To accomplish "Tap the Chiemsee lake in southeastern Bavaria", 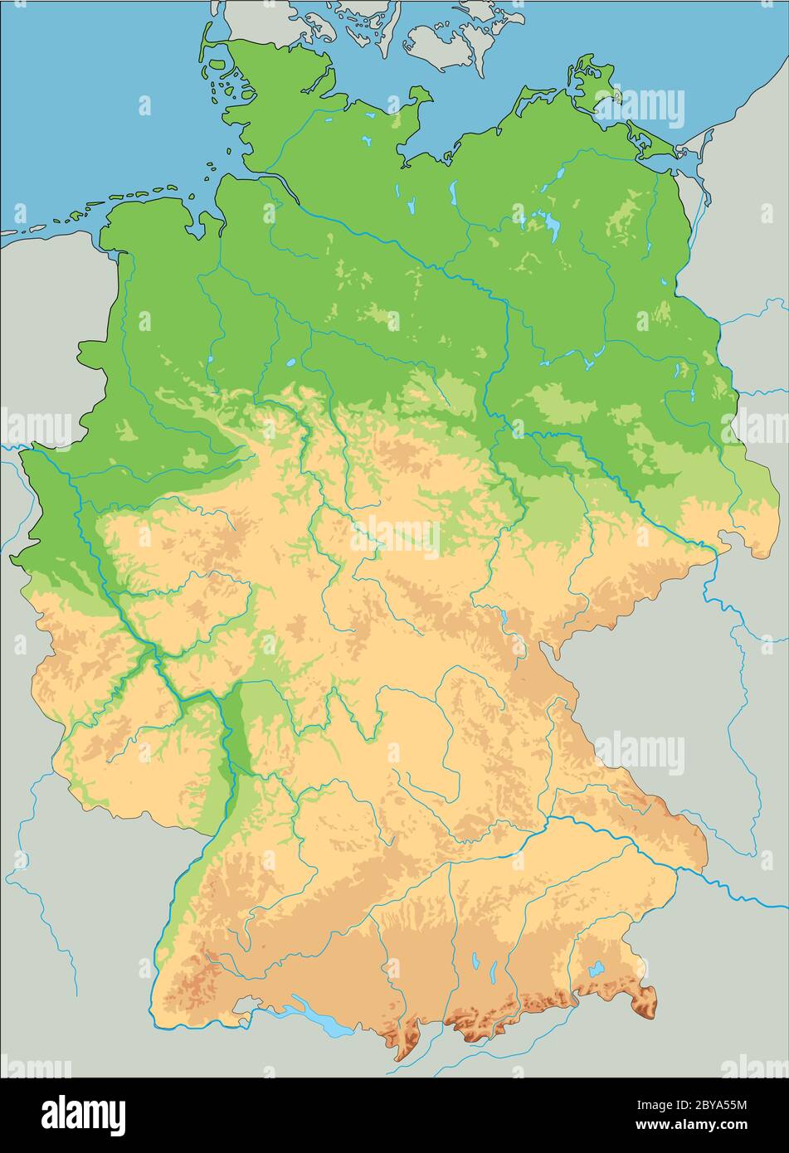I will (x=596, y=968).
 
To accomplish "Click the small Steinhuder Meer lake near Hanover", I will (x=291, y=362).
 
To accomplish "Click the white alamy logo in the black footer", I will (x=83, y=1114).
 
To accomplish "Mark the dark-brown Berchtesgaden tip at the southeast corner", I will (x=645, y=1004).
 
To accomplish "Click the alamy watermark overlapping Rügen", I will (x=640, y=108).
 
